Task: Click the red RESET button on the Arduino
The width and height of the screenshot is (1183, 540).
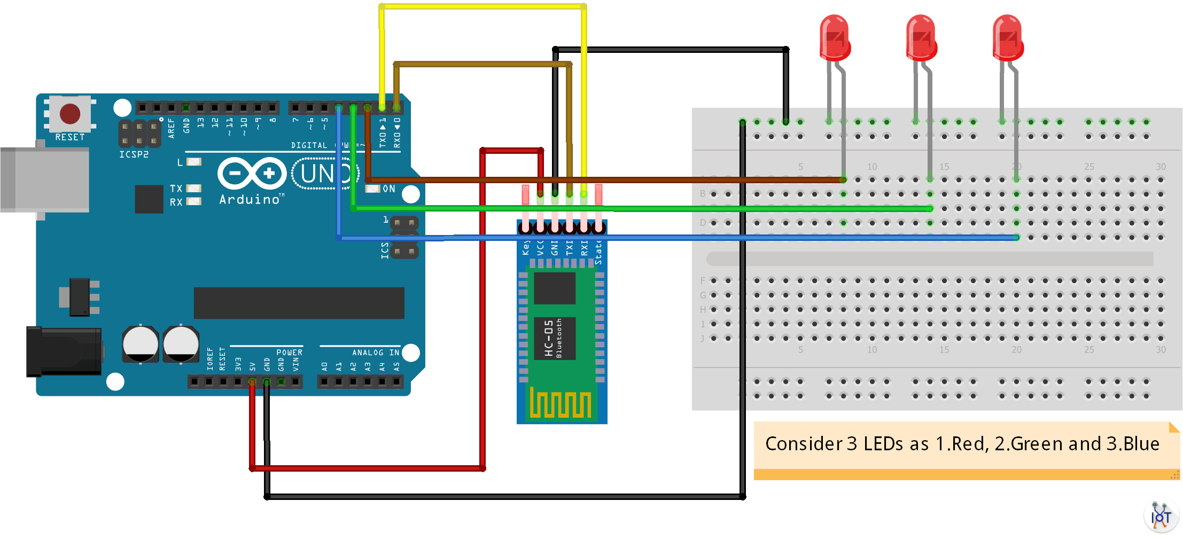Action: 70,114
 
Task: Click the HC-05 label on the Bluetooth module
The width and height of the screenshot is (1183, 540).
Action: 549,338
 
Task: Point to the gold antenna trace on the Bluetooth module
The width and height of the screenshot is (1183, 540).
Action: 560,403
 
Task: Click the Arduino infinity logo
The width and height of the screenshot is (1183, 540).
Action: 252,173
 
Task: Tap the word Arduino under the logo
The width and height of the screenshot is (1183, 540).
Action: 250,200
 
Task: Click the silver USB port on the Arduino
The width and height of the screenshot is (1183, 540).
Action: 45,179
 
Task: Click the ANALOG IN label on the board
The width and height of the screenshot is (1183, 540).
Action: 376,353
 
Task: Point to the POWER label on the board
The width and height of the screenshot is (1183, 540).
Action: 289,353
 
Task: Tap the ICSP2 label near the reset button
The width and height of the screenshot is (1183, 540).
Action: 134,154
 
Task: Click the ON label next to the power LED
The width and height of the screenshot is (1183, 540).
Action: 388,189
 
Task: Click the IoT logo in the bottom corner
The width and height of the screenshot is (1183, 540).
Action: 1161,516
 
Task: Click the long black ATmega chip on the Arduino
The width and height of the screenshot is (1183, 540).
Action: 299,303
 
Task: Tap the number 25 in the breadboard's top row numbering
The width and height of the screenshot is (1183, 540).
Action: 1089,167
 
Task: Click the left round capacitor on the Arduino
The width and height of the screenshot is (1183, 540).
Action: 141,344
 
